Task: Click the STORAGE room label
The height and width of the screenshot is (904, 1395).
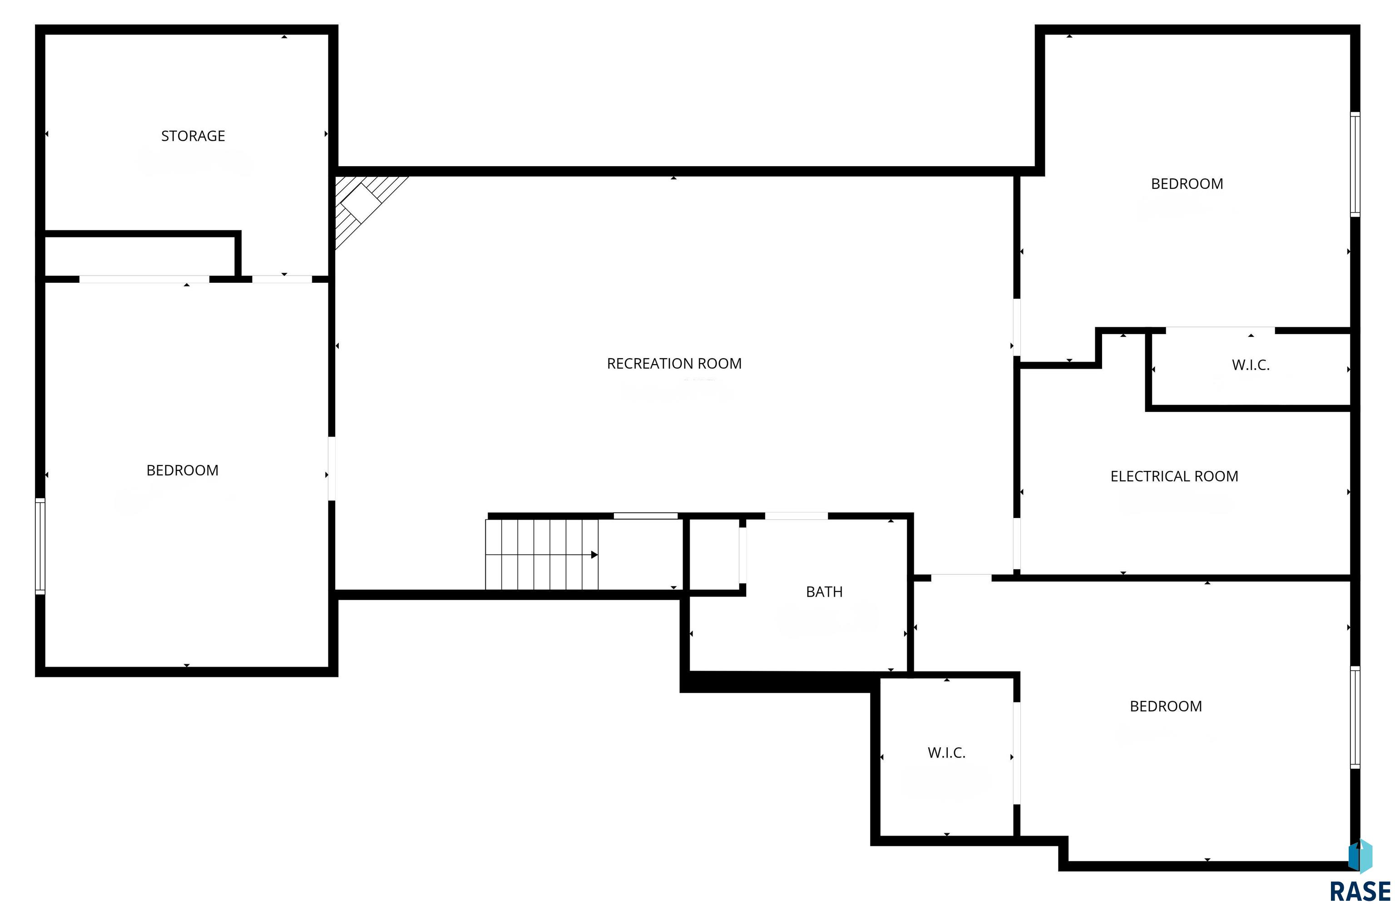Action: tap(193, 136)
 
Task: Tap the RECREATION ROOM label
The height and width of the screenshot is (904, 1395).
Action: tap(674, 364)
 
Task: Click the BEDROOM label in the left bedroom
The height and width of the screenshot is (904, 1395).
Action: tap(182, 470)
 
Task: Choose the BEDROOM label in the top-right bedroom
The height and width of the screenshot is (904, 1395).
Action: tap(1187, 184)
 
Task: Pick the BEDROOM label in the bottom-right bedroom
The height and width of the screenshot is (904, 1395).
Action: tap(1166, 706)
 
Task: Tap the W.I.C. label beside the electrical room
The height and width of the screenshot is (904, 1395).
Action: tap(1250, 365)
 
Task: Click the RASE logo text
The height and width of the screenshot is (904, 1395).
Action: tap(1360, 891)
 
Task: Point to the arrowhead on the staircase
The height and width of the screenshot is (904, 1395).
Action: tap(594, 554)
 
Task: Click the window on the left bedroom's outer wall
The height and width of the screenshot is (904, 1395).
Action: tap(40, 546)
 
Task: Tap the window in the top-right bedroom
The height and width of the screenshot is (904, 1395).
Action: tap(1355, 164)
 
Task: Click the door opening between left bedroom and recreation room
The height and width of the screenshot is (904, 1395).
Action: tap(332, 468)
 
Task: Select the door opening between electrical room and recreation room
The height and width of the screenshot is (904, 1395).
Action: tap(1017, 543)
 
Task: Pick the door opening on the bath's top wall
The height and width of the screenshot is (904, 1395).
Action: tap(796, 516)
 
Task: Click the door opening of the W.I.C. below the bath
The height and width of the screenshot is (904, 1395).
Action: tap(1017, 753)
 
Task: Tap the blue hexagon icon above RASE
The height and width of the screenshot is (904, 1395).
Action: tap(1360, 856)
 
